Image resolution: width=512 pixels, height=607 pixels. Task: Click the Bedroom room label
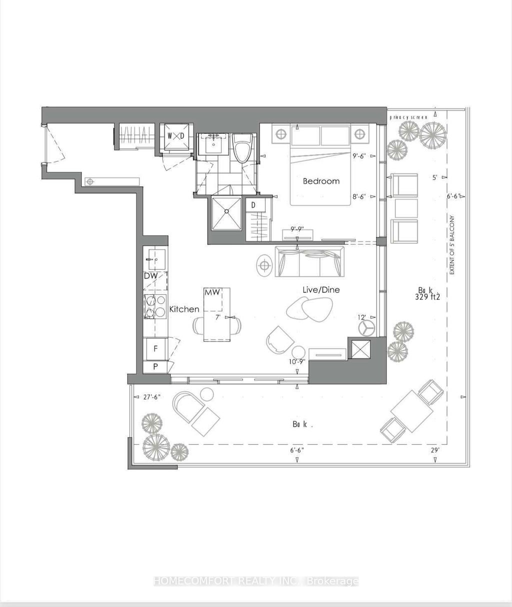coord(321,181)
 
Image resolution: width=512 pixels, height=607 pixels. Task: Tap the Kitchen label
coord(184,309)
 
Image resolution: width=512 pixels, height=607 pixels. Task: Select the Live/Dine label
coord(321,290)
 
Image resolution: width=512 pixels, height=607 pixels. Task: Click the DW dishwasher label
coord(150,276)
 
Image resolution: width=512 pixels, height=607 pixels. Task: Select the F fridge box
coord(155,348)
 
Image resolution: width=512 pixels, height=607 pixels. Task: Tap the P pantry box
coord(155,366)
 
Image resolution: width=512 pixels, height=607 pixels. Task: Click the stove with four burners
coord(155,306)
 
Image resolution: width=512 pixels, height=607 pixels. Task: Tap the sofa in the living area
coord(310,261)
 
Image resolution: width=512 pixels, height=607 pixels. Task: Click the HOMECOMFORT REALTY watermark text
coord(255,582)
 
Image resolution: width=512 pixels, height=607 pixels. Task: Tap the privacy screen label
coord(409,117)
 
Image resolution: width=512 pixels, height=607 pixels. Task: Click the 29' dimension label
coord(435,450)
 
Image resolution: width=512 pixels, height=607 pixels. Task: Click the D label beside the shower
coord(253,205)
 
